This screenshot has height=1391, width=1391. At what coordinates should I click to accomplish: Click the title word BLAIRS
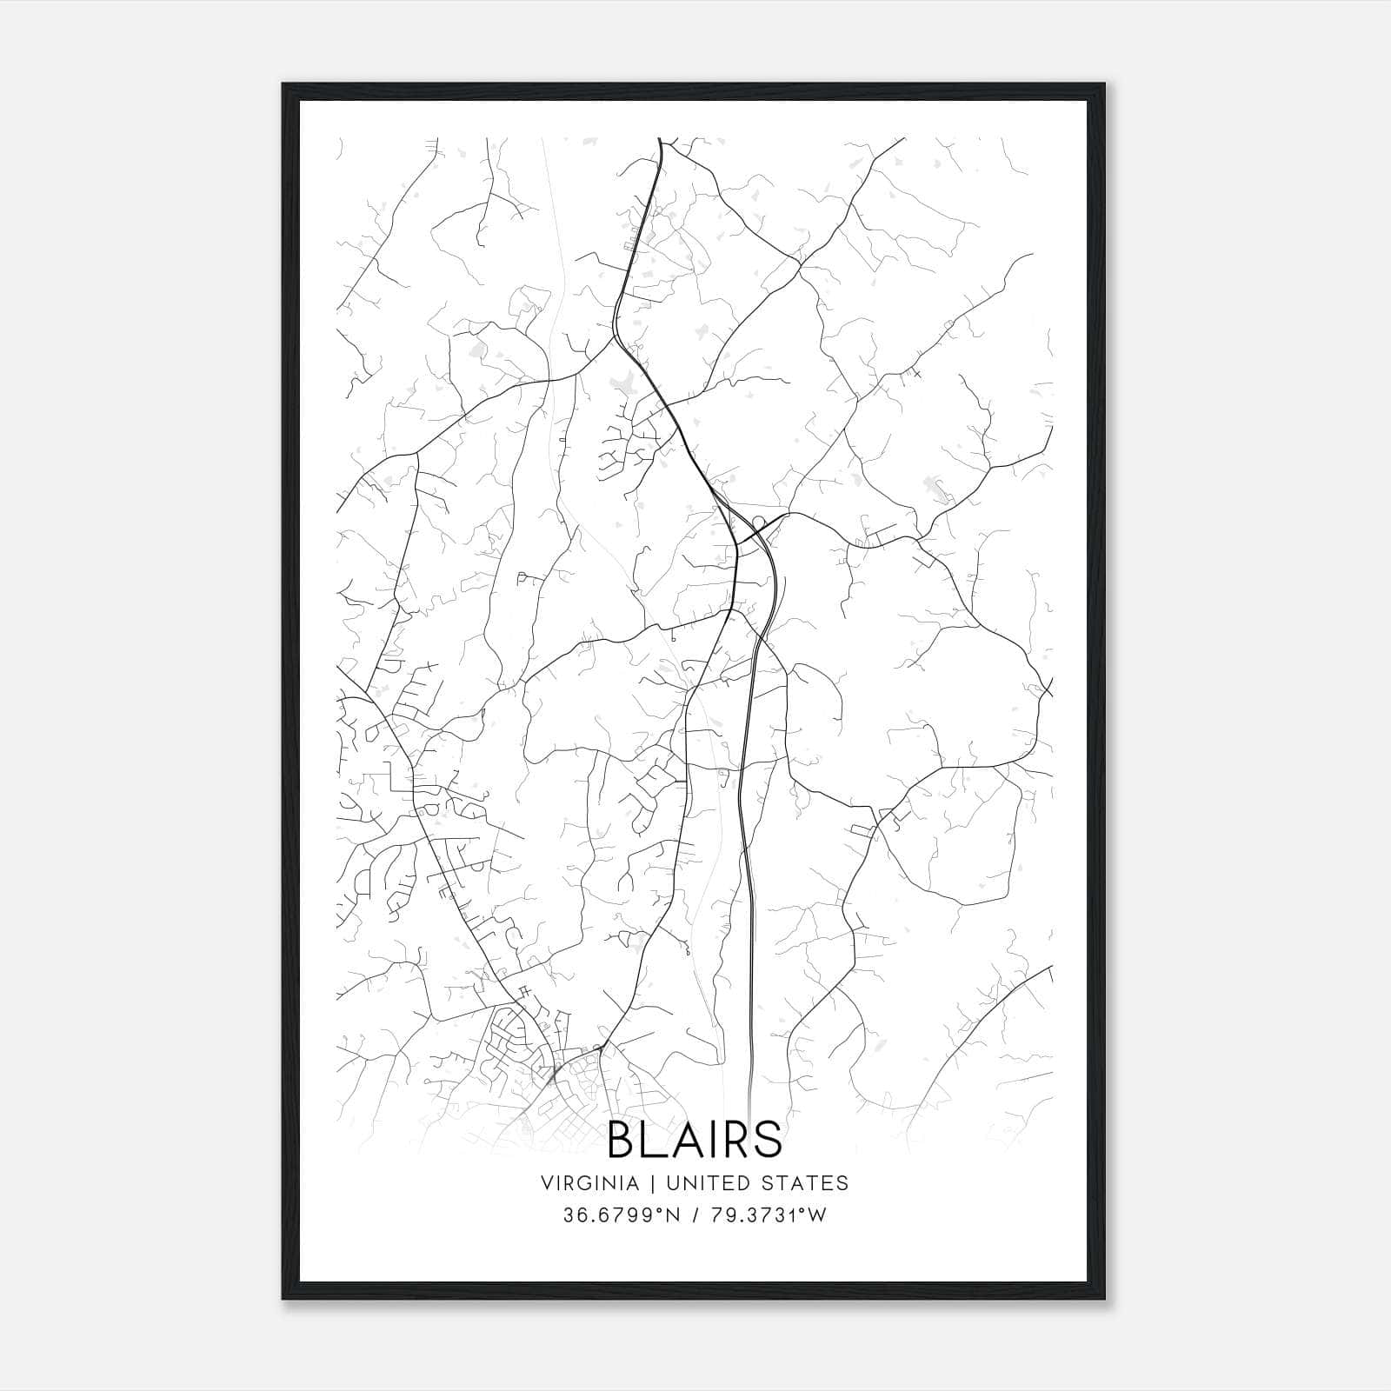[x=695, y=1140]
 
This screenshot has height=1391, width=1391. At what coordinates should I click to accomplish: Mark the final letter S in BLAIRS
[x=768, y=1140]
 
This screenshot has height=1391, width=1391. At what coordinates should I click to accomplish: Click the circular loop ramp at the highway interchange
[x=758, y=522]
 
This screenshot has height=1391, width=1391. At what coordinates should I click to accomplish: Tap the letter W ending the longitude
[x=817, y=1215]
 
